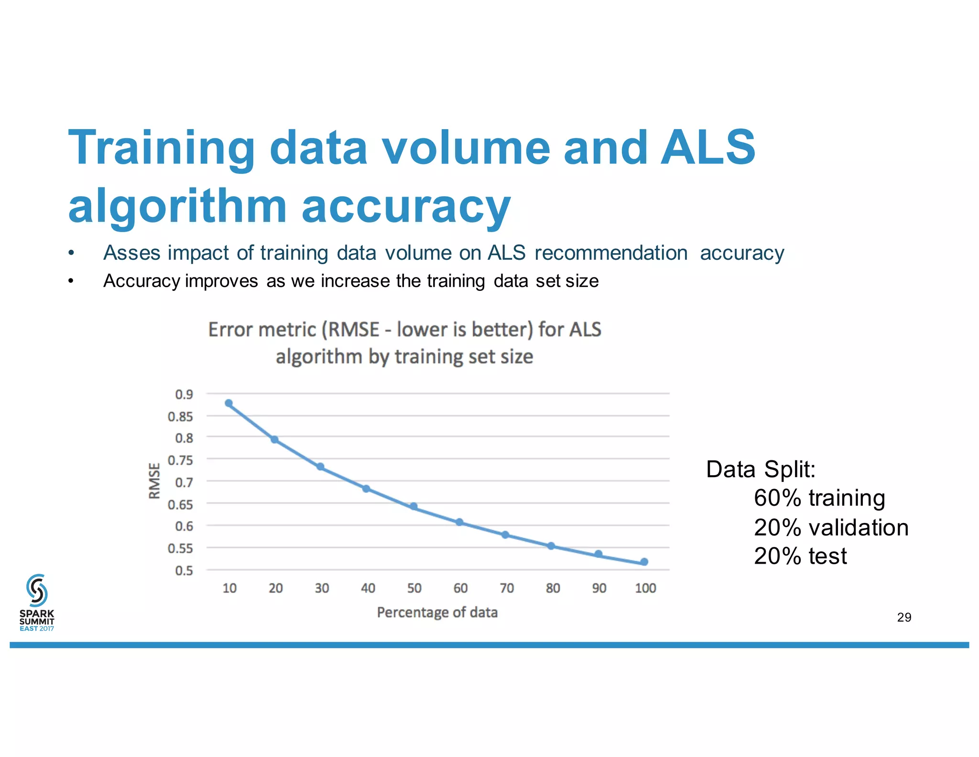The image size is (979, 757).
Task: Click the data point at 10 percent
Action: pos(229,403)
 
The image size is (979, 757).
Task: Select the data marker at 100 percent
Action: pos(644,562)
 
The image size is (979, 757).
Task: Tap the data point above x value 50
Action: pos(414,506)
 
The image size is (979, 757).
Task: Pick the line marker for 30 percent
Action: pos(321,467)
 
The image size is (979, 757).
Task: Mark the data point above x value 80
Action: pos(551,546)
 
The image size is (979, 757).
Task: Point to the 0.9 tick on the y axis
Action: pos(184,395)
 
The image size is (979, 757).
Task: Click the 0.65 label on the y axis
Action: pos(180,504)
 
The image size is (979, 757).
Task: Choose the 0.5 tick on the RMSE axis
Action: pos(184,570)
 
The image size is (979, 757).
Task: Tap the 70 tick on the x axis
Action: pos(507,588)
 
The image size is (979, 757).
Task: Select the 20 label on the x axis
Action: pos(276,588)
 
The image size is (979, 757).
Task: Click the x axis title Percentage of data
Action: pos(437,612)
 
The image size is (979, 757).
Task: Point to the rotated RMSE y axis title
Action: pos(154,480)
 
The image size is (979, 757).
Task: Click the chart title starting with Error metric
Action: pos(404,343)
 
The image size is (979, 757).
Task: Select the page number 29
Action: pos(904,617)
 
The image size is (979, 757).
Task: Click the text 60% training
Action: pos(819,498)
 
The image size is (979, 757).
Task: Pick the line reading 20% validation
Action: pos(831,527)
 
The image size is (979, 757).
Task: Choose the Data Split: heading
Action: pos(761,469)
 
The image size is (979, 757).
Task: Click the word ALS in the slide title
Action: pos(707,147)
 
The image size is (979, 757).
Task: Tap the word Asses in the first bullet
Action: pos(131,253)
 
